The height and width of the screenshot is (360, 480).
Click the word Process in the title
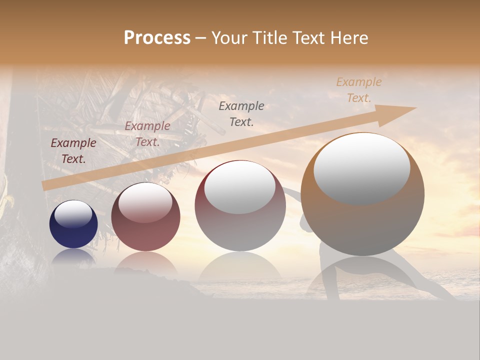click(x=157, y=38)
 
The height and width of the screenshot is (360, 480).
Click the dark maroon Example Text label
click(x=73, y=151)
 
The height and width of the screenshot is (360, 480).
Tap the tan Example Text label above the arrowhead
click(x=359, y=90)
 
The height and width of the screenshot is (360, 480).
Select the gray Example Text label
click(x=241, y=113)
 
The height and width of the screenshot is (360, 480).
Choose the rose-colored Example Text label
click(x=147, y=134)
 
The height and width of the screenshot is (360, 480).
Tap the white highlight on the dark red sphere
click(x=145, y=201)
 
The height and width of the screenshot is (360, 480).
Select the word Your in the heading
click(x=228, y=38)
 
